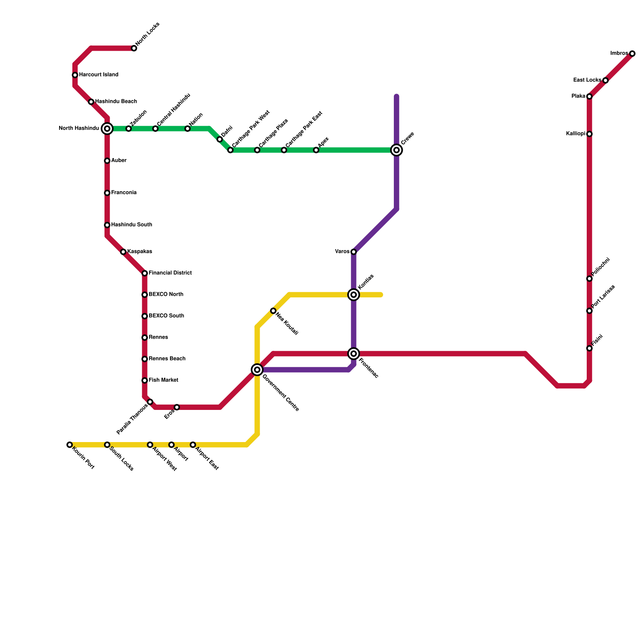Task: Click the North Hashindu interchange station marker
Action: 107,129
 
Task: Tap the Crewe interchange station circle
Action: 397,150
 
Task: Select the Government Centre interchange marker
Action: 257,370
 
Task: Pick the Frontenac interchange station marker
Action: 354,354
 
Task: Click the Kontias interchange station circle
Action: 354,295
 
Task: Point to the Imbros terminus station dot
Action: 632,54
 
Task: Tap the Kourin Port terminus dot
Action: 70,445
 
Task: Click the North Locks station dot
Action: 134,49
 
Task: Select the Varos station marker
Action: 354,252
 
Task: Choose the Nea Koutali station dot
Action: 273,311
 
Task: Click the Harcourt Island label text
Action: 98,75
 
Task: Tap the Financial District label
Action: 170,273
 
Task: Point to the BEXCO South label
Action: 166,316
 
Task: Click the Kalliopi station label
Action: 575,134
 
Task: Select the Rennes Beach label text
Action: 167,359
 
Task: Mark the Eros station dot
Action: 177,408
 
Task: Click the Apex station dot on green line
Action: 316,150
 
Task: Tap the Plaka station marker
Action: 589,96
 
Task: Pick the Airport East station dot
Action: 193,445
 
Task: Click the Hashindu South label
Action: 131,225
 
